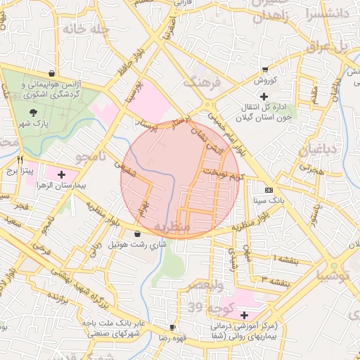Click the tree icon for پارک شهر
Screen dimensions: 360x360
tap(33, 112)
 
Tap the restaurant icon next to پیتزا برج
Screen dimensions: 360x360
tap(21, 160)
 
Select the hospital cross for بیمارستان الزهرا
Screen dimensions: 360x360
tap(62, 174)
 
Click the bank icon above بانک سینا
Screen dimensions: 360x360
tap(269, 190)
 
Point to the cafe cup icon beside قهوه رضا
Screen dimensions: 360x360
tap(172, 328)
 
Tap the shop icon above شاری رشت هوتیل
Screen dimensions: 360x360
tap(137, 233)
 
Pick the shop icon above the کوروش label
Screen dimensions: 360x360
tap(264, 70)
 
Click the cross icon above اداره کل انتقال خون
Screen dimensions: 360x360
tap(264, 96)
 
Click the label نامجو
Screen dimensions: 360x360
tap(91, 156)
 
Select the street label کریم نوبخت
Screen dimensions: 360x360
tap(223, 173)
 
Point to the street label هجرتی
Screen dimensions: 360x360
tap(309, 169)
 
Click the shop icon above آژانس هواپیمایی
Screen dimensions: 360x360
tap(52, 73)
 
